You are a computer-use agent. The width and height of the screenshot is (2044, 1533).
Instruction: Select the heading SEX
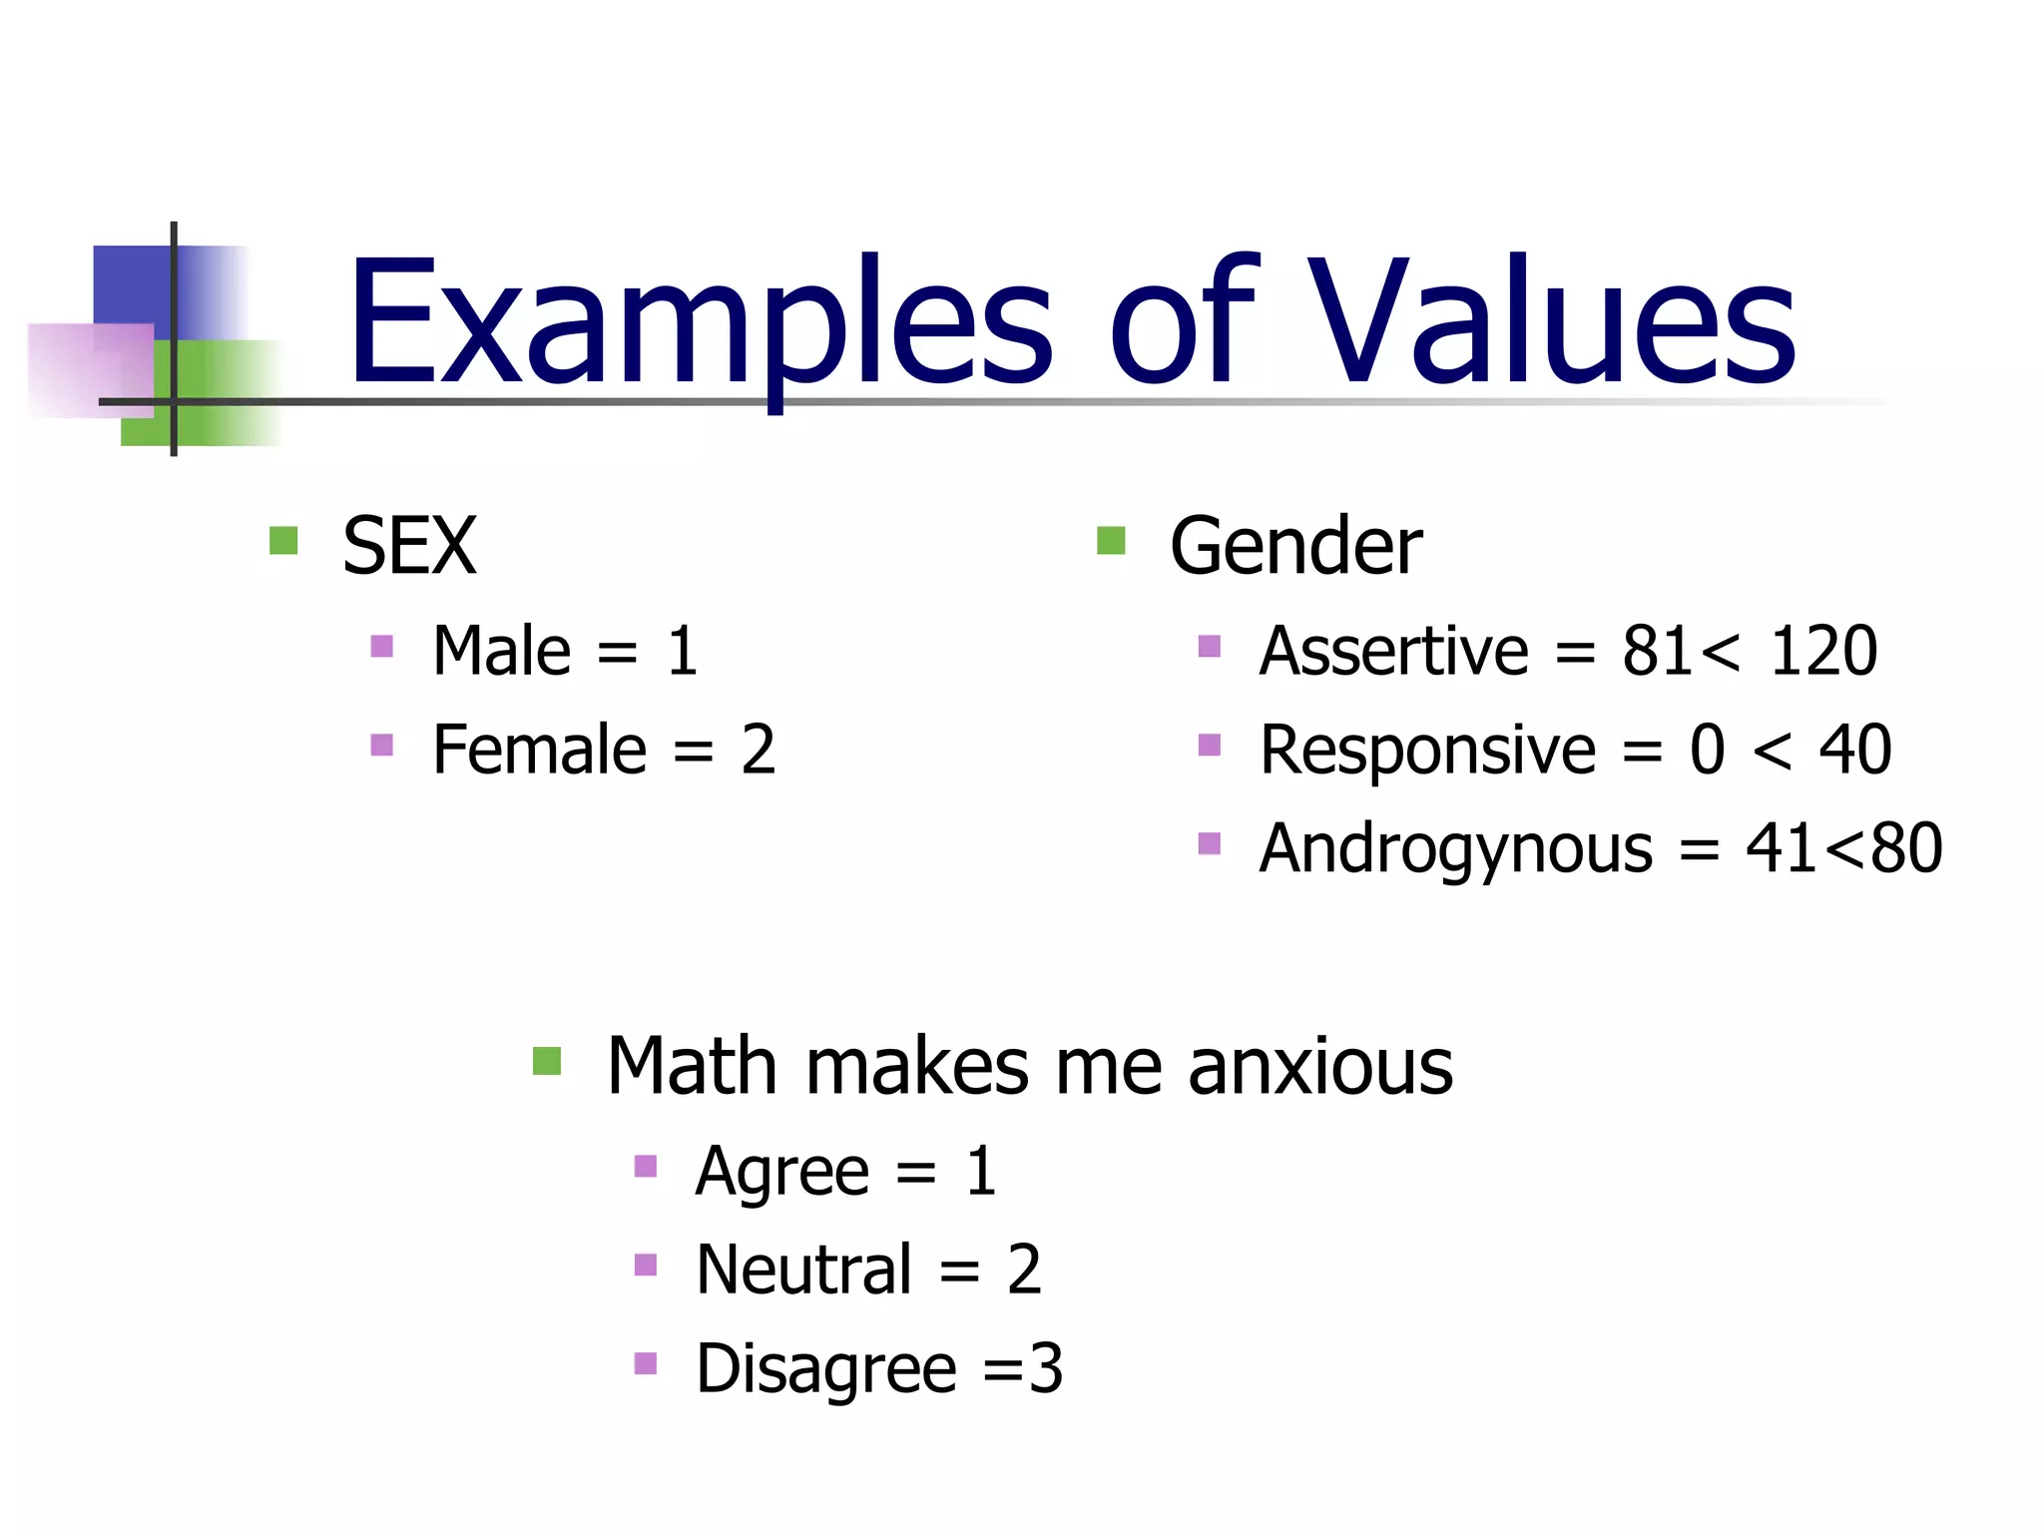409,546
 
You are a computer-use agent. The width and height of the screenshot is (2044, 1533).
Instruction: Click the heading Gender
1295,546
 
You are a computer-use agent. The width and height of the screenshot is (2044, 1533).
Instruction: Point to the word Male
502,651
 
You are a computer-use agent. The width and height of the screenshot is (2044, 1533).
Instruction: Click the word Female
540,750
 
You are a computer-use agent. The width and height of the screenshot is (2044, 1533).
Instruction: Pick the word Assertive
1393,651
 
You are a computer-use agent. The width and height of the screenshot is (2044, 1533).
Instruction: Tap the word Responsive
1427,750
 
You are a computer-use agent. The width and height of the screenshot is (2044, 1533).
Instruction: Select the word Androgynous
1456,848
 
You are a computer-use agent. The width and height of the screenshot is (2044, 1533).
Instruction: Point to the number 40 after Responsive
1854,750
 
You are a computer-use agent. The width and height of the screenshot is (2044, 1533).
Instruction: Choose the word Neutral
804,1270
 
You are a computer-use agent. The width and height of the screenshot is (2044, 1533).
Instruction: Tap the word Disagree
826,1368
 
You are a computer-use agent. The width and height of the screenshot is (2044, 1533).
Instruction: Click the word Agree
782,1171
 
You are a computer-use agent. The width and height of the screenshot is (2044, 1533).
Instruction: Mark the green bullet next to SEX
283,541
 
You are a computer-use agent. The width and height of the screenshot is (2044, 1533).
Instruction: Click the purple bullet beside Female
381,745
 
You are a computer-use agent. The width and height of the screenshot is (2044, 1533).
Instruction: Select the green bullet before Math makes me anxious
547,1061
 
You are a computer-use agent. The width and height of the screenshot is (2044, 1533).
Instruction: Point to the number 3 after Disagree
1045,1368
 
